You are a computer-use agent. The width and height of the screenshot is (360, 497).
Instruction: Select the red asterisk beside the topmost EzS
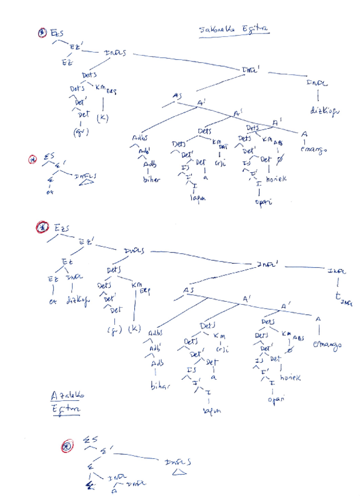click(x=42, y=33)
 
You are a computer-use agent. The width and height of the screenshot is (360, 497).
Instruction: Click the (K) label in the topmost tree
click(x=103, y=117)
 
